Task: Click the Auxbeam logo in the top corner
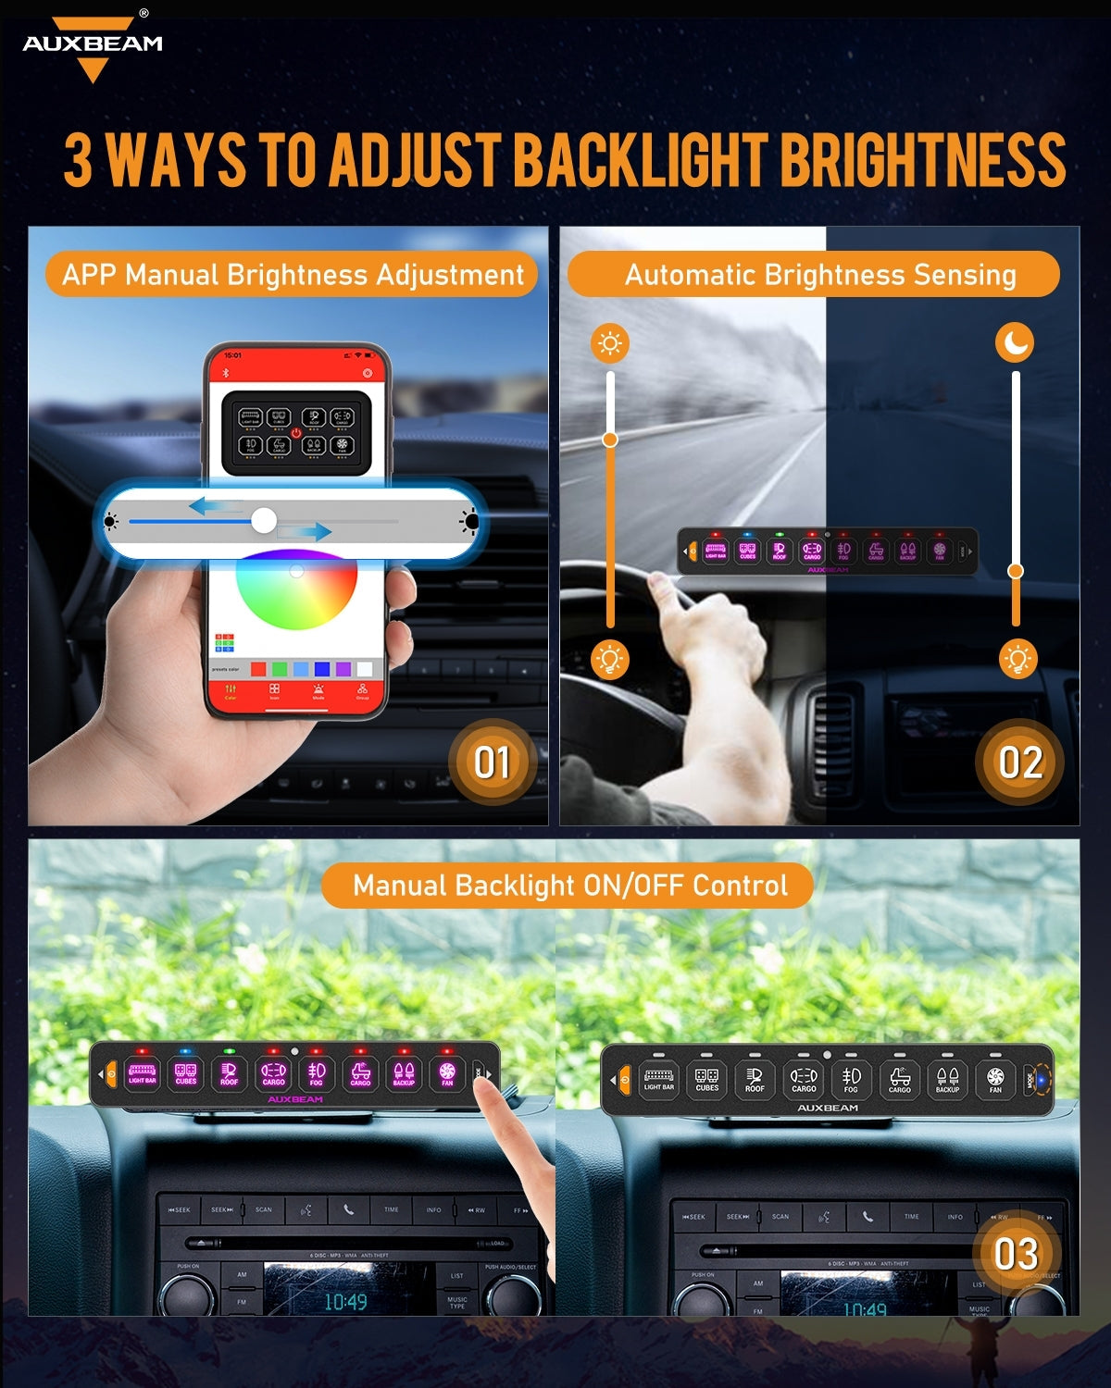pyautogui.click(x=93, y=46)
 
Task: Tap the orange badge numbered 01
pyautogui.click(x=492, y=762)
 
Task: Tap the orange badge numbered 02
pyautogui.click(x=1019, y=762)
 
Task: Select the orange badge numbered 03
pyautogui.click(x=1015, y=1255)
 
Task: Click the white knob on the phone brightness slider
pyautogui.click(x=264, y=521)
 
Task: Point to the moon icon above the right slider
pyautogui.click(x=1015, y=342)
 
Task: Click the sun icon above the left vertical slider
pyautogui.click(x=609, y=343)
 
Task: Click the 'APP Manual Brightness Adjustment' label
pyautogui.click(x=293, y=275)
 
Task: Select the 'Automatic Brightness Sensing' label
pyautogui.click(x=819, y=275)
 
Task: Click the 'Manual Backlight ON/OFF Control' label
pyautogui.click(x=569, y=886)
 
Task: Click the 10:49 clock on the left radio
pyautogui.click(x=344, y=1302)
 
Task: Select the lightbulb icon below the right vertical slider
pyautogui.click(x=1017, y=659)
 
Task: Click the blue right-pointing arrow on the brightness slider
pyautogui.click(x=306, y=531)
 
